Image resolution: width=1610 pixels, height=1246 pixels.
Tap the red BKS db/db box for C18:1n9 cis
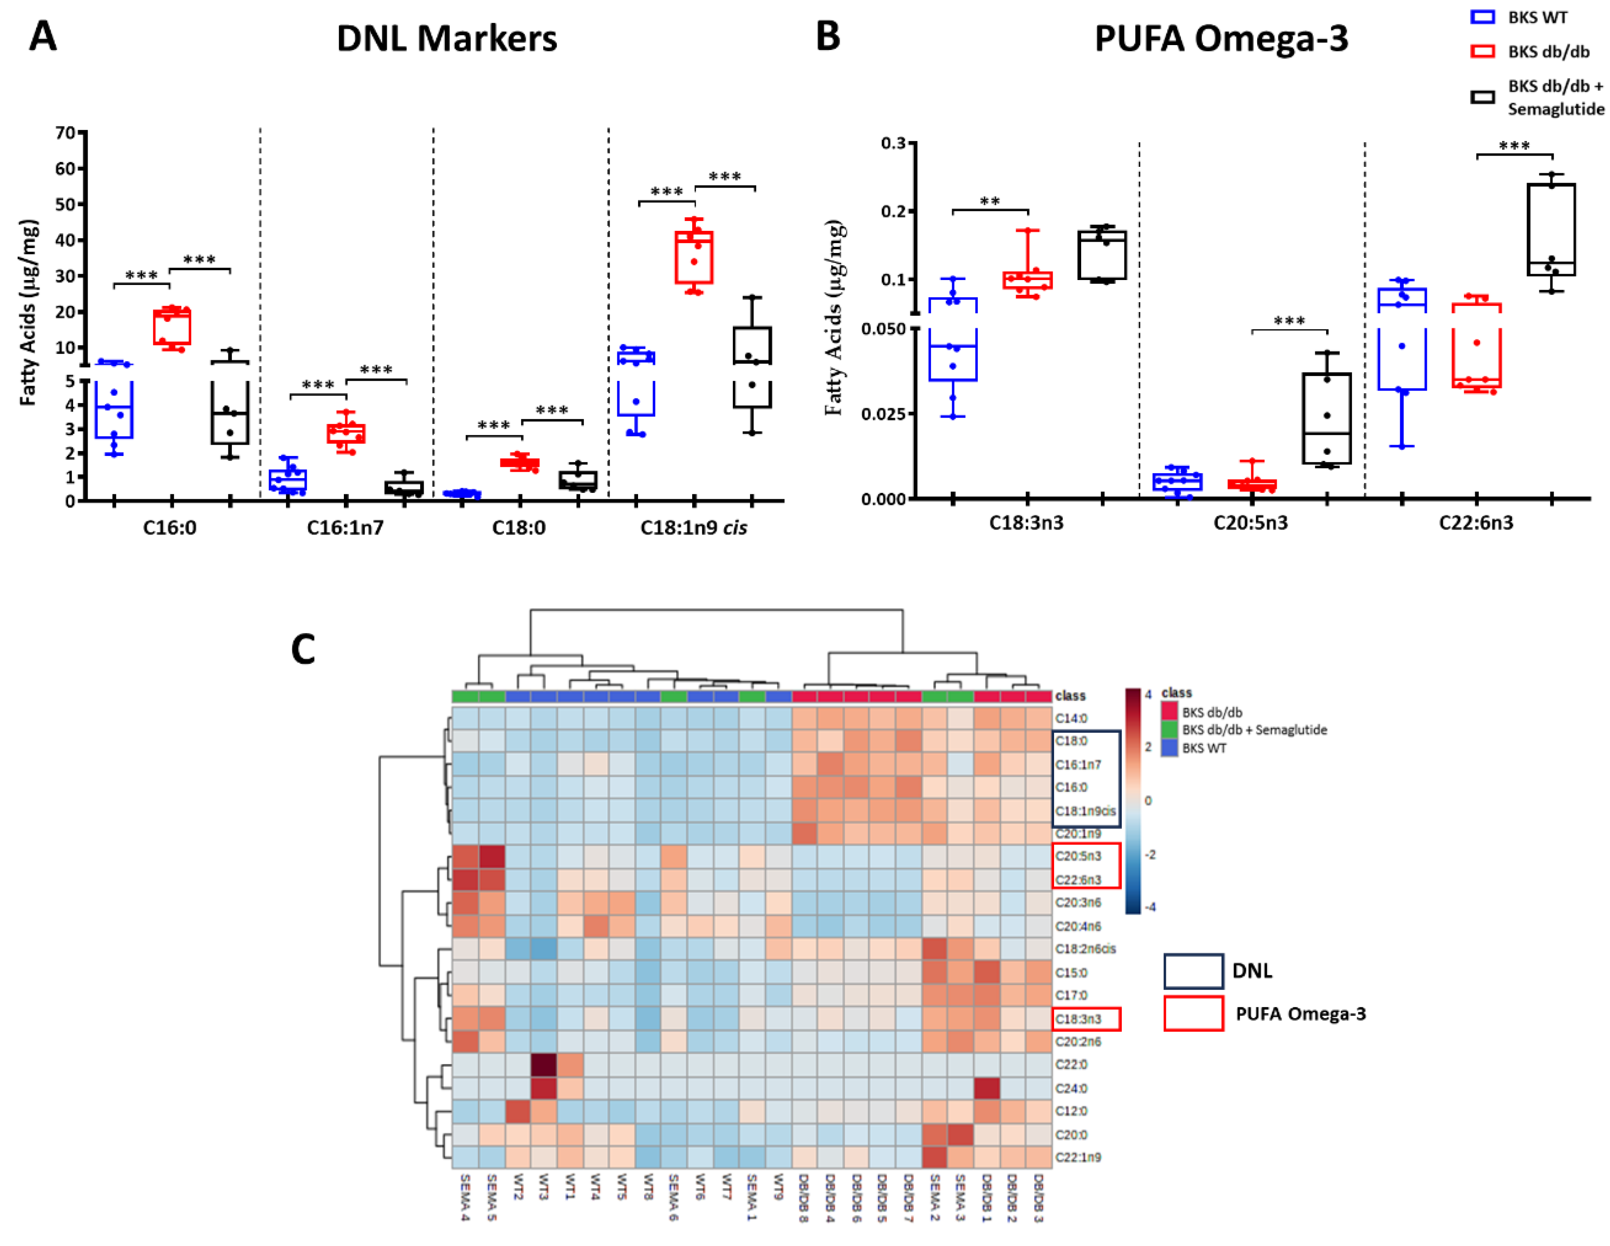(x=694, y=257)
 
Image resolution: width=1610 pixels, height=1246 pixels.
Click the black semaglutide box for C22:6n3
(x=1551, y=229)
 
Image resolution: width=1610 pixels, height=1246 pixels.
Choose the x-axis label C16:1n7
(x=345, y=528)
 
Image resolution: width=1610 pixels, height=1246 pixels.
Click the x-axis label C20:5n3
(x=1250, y=522)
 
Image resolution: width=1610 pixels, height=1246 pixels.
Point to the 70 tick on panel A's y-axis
(x=65, y=133)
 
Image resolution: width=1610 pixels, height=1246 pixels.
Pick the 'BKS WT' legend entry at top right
(x=1537, y=17)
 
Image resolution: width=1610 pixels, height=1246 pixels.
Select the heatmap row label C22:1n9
(x=1078, y=1157)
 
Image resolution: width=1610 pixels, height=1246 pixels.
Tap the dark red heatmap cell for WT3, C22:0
(x=544, y=1065)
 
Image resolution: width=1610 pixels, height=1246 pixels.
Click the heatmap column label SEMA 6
(x=674, y=1197)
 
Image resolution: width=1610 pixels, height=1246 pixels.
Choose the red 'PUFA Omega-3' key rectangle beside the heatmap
(x=1194, y=1013)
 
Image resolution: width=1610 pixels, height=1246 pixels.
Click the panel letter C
(x=303, y=649)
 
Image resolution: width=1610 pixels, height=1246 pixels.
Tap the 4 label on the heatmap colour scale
(x=1148, y=694)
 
